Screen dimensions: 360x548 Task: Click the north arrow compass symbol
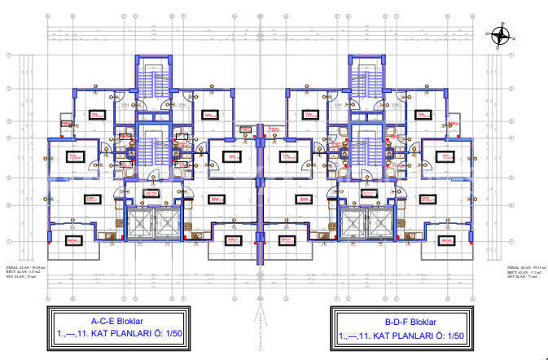500,34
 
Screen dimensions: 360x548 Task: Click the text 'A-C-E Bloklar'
119,321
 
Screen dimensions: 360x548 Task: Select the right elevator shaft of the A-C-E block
166,222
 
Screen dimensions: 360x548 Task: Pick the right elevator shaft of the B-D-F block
378,222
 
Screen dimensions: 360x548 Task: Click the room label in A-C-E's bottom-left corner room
73,239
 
